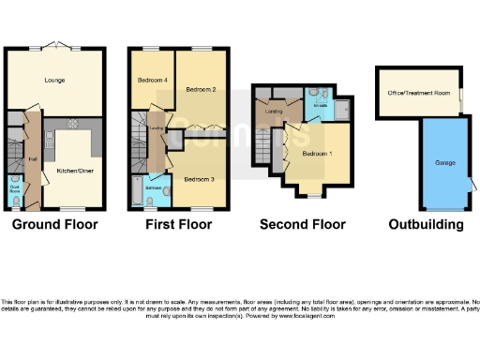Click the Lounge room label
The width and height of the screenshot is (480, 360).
point(54,81)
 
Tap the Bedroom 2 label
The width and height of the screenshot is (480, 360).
point(201,90)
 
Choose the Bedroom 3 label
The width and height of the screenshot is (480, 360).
point(199,178)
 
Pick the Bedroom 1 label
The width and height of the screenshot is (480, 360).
point(316,154)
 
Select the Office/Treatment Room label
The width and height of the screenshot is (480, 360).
point(417,93)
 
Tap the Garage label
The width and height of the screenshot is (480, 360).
point(444,163)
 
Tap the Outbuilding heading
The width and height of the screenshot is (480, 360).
point(427,225)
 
